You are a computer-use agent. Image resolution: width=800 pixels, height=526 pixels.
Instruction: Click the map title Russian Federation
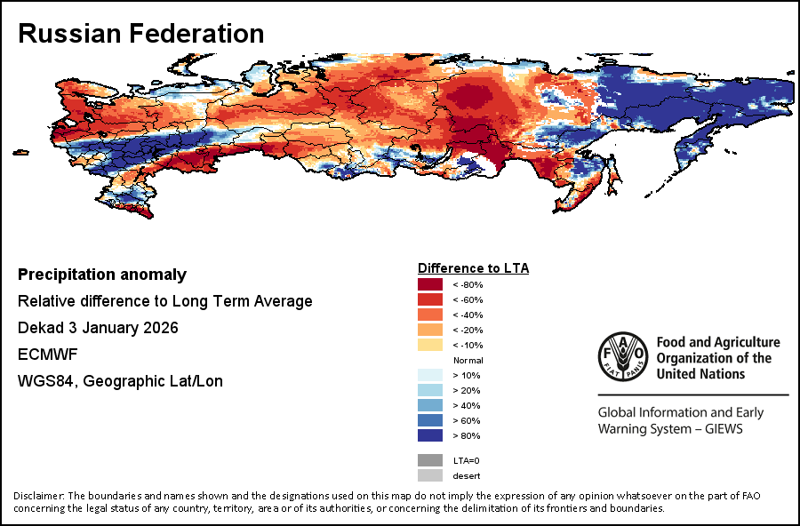coord(141,34)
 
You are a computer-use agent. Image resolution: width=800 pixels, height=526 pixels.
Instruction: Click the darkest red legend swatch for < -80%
coord(430,284)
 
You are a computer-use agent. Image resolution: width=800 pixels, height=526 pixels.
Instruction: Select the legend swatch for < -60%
coord(430,299)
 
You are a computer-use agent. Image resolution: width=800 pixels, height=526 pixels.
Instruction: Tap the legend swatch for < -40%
coord(430,315)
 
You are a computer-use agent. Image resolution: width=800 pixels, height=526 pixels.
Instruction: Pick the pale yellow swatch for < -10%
coord(430,345)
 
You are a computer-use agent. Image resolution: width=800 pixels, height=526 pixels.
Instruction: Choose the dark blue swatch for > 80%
coord(430,435)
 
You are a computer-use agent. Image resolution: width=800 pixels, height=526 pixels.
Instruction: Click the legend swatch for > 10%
coord(430,375)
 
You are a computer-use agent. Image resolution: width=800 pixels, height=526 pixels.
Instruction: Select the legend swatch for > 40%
coord(430,405)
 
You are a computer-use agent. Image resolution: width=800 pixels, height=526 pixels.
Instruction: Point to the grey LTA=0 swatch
coord(430,460)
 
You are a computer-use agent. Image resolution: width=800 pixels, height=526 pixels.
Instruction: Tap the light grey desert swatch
coord(430,475)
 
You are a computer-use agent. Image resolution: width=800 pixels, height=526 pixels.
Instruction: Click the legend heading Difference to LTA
coord(473,268)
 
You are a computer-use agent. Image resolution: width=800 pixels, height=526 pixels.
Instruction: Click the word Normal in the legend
coord(468,360)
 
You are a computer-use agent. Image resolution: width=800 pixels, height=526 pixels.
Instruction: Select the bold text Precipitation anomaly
coord(102,275)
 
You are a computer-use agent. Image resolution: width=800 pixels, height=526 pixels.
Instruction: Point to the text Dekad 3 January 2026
coord(98,328)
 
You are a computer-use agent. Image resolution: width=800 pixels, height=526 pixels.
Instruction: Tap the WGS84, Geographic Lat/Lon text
coord(120,381)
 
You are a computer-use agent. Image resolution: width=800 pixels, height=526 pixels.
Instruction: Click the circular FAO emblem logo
coord(622,358)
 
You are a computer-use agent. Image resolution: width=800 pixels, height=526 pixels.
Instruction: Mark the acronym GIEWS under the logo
coord(719,429)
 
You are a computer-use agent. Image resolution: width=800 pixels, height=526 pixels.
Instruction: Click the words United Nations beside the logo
coord(700,374)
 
